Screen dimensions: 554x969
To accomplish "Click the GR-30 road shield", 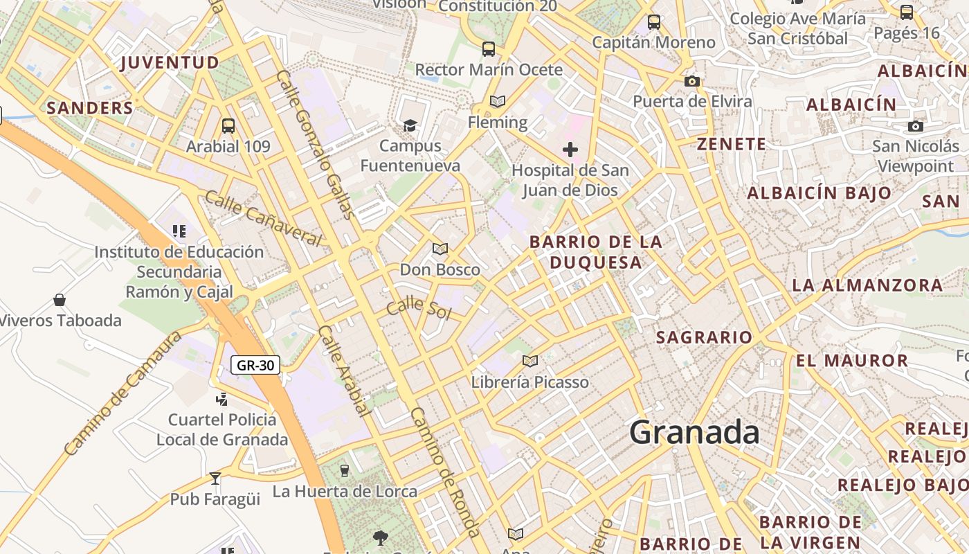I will pyautogui.click(x=255, y=365).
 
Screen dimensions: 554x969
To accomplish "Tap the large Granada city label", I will pyautogui.click(x=694, y=433).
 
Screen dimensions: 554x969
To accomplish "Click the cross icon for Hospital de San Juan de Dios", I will pyautogui.click(x=570, y=150).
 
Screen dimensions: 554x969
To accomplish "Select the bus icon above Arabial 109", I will pyautogui.click(x=228, y=126).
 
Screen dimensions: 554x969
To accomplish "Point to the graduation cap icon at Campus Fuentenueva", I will pyautogui.click(x=410, y=125).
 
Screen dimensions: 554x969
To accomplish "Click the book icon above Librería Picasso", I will pyautogui.click(x=530, y=361).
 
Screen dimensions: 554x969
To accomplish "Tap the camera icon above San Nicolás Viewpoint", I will pyautogui.click(x=916, y=126).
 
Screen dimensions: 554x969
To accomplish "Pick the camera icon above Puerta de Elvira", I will pyautogui.click(x=691, y=81).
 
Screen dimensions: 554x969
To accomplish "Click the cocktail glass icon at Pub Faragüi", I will pyautogui.click(x=215, y=479).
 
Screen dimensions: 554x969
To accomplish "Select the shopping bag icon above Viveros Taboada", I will pyautogui.click(x=60, y=300).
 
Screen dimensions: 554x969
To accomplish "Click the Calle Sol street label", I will pyautogui.click(x=419, y=309).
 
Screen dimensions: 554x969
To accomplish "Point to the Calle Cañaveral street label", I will pyautogui.click(x=264, y=218).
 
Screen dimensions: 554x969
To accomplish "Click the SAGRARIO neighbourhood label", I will pyautogui.click(x=704, y=337).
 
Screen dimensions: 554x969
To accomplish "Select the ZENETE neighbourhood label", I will pyautogui.click(x=732, y=144).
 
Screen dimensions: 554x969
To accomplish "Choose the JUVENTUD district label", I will pyautogui.click(x=170, y=62).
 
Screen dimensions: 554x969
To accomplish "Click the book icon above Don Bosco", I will pyautogui.click(x=440, y=249).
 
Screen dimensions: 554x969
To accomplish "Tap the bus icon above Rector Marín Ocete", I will pyautogui.click(x=489, y=49).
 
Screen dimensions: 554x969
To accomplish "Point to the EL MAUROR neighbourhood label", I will pyautogui.click(x=852, y=360).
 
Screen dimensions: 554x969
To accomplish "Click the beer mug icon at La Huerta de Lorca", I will pyautogui.click(x=345, y=471).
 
